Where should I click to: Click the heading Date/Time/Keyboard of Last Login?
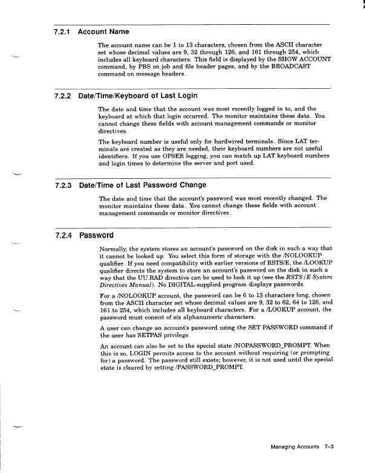pos(138,95)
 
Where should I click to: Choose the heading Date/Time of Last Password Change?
pos(143,185)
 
